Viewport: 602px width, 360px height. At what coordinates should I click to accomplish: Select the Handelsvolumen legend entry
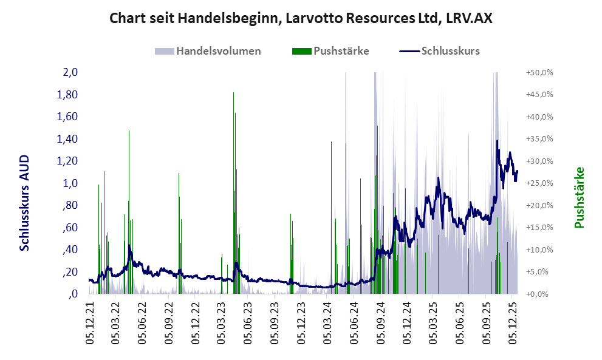pyautogui.click(x=218, y=51)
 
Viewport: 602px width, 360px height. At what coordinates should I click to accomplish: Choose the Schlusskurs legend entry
pyautogui.click(x=450, y=51)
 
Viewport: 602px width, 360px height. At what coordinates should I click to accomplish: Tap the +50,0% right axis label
pyautogui.click(x=539, y=72)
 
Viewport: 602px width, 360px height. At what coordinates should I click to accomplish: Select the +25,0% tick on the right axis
pyautogui.click(x=539, y=183)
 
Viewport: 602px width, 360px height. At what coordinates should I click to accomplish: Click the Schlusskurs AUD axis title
pyautogui.click(x=25, y=202)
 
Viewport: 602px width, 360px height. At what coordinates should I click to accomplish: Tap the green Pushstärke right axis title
pyautogui.click(x=578, y=197)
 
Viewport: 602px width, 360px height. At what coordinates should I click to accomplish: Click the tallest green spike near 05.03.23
pyautogui.click(x=234, y=93)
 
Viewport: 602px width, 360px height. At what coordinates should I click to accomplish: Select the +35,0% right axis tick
pyautogui.click(x=539, y=139)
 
